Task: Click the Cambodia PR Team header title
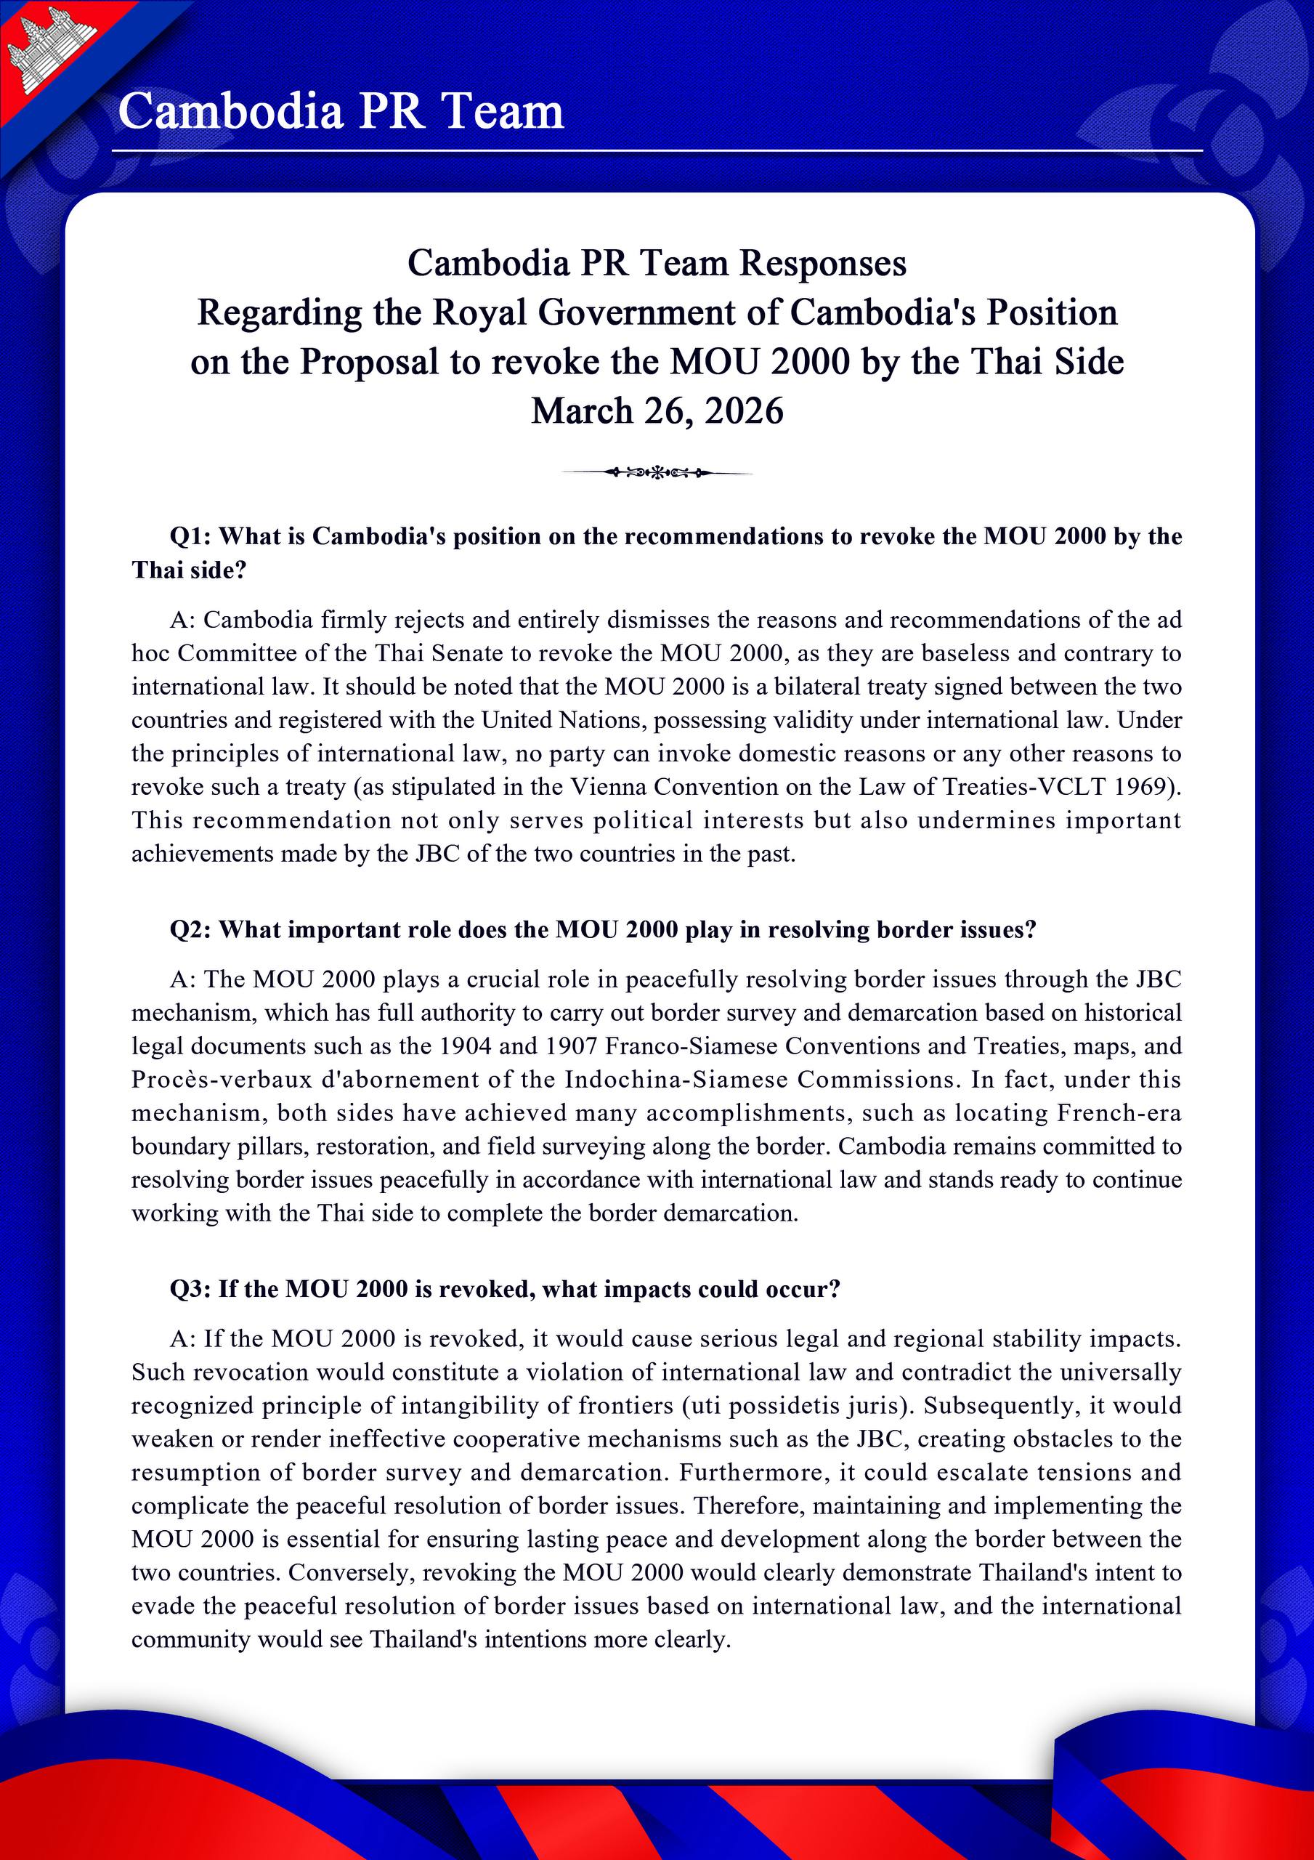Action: coord(340,111)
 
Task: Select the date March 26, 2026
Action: coord(657,411)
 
